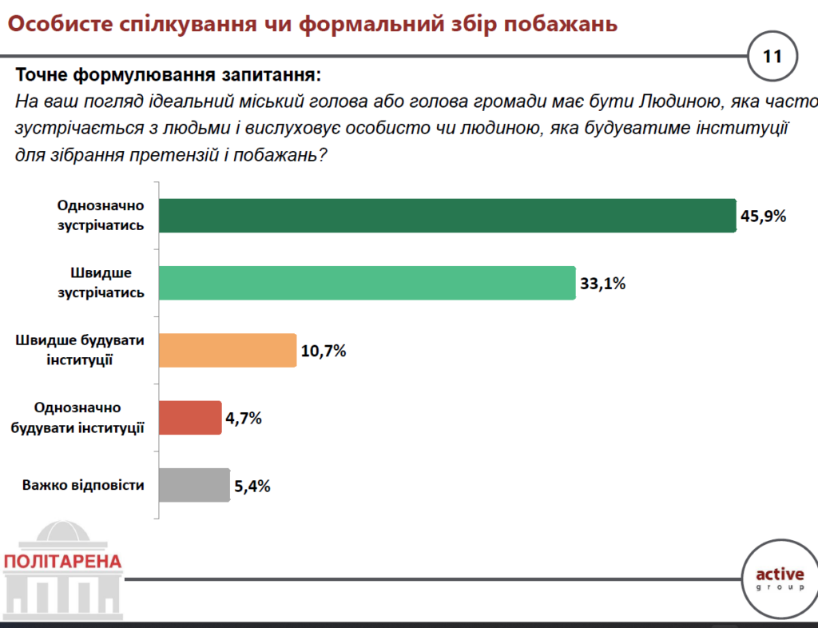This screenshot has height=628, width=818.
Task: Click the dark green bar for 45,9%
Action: pos(447,216)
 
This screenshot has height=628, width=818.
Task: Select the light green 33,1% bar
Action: pos(367,283)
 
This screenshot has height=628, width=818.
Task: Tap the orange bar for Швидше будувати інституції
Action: pos(228,350)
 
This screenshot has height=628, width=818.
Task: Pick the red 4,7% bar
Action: pos(190,417)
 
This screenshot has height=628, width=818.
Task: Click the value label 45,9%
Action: pos(764,217)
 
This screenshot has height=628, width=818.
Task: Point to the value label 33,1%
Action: pos(602,284)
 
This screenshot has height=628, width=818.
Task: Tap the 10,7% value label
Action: pos(324,351)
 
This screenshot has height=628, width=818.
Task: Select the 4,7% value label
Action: pos(244,418)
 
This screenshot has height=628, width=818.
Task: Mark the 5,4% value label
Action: pos(252,486)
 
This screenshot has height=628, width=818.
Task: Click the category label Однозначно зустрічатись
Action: pos(101,216)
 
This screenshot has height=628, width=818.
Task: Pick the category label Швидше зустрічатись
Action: pos(101,283)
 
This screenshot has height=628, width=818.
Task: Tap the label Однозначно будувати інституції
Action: pos(77,417)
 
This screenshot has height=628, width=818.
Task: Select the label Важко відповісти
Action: pos(83,485)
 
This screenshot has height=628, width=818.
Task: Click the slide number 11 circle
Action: pos(772,57)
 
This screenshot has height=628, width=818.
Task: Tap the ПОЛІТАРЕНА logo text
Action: pos(63,561)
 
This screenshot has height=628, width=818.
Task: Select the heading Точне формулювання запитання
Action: pos(168,76)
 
